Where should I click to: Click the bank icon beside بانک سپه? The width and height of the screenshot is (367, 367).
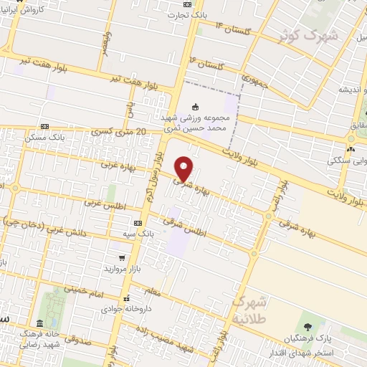[138, 223]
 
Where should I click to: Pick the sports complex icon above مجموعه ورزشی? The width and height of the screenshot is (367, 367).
[196, 107]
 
